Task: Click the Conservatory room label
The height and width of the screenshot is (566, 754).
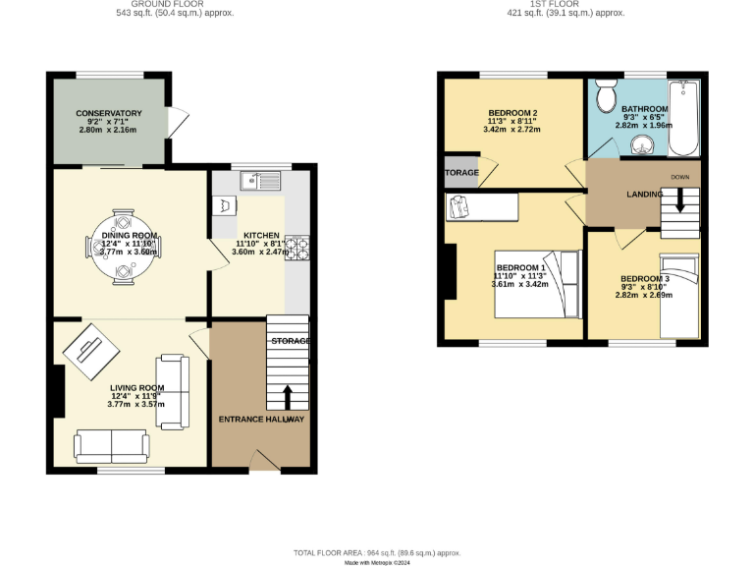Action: tap(110, 113)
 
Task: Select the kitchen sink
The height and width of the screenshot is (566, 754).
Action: tap(262, 180)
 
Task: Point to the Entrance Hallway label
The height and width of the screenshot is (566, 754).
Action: tap(260, 420)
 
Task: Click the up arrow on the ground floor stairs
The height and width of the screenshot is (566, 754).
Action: tap(288, 396)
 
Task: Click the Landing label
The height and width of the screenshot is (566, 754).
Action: tap(644, 195)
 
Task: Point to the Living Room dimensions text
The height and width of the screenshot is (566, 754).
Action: tap(136, 404)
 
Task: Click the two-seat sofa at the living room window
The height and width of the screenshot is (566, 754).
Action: tap(112, 446)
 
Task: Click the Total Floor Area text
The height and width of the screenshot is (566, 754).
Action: tap(378, 553)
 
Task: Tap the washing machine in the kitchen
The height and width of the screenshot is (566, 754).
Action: tap(226, 205)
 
